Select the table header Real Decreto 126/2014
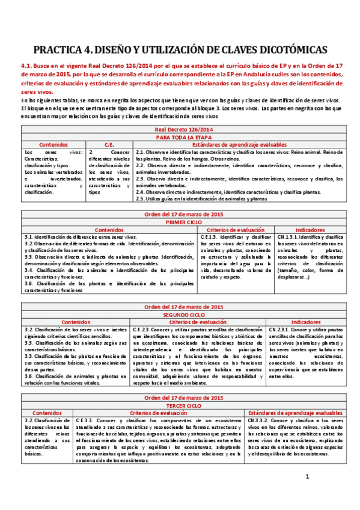(x=180, y=129)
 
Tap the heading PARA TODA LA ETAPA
(x=180, y=137)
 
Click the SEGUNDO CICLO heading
(x=180, y=314)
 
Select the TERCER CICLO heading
(x=180, y=405)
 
